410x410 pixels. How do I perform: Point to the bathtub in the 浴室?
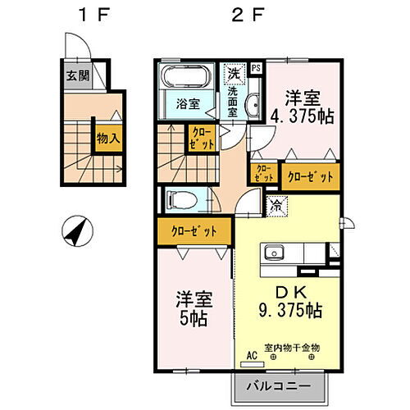tap(187, 80)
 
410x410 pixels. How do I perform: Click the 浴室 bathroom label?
tap(189, 104)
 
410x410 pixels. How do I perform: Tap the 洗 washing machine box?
tap(235, 73)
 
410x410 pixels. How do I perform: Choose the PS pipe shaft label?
tap(256, 68)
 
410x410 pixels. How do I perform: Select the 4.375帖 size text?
tap(302, 116)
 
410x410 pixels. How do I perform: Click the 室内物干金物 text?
tap(291, 348)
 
